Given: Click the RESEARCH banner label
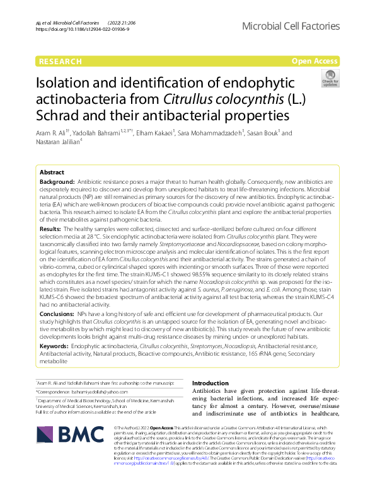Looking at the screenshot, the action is click(60, 61).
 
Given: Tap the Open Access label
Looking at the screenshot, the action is click(314, 61).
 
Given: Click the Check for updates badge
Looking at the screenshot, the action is click(330, 79).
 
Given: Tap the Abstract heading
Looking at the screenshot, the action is click(52, 172).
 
